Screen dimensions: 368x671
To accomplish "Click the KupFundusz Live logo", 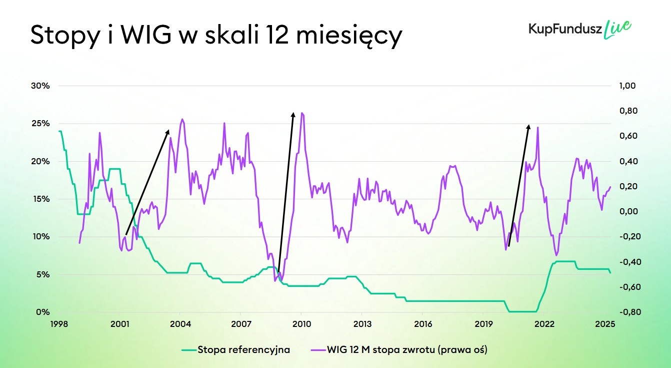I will tap(579, 29).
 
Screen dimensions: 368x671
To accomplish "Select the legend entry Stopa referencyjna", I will tap(243, 350).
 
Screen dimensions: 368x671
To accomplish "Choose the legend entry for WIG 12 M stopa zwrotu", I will tap(407, 350).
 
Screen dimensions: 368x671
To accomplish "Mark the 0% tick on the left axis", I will tap(43, 312).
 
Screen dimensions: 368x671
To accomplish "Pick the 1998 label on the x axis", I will tap(59, 324).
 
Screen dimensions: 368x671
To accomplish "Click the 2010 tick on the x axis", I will tap(301, 324).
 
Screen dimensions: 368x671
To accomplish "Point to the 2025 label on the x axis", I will tap(604, 324).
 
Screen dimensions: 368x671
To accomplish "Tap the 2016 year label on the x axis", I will tap(422, 324).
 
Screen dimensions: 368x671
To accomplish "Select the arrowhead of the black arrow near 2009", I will tap(293, 113).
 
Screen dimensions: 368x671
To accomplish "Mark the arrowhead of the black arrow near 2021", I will tap(529, 125).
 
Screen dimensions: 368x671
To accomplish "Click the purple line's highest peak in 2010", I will tap(302, 113).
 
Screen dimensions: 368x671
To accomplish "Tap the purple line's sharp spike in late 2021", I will tap(537, 127).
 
